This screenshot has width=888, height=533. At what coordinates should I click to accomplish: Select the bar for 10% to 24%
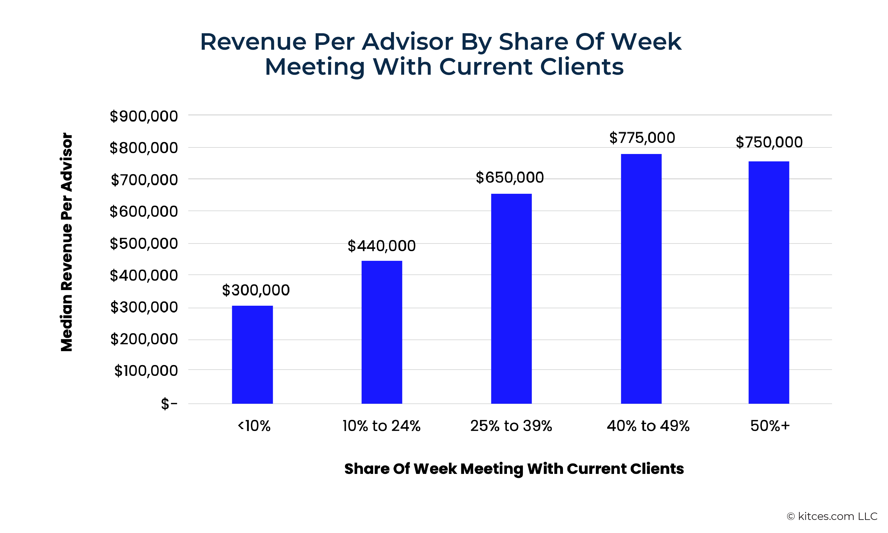click(x=382, y=332)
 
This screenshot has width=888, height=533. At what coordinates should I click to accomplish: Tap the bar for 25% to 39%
click(x=511, y=299)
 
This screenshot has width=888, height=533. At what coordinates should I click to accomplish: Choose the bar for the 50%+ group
click(x=768, y=282)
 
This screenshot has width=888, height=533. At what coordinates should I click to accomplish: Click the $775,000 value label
click(x=642, y=138)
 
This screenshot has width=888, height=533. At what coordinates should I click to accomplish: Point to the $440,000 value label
click(x=382, y=246)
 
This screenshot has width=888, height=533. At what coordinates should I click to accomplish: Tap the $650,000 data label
click(x=510, y=177)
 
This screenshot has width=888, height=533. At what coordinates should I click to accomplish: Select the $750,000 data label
click(x=769, y=142)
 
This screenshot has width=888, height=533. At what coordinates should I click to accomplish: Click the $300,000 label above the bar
click(x=256, y=290)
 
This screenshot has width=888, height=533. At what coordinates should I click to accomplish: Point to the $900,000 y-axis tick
click(x=144, y=116)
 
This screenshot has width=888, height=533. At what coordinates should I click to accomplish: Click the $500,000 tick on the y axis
click(x=144, y=243)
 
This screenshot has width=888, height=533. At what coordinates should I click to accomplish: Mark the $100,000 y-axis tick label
click(x=146, y=371)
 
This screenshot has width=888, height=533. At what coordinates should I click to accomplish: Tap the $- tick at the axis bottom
click(x=169, y=404)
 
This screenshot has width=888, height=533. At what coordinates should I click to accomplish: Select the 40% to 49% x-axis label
click(x=648, y=426)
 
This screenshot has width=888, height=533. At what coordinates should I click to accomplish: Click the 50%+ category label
click(x=770, y=426)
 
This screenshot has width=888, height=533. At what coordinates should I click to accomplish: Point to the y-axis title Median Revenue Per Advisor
click(x=67, y=242)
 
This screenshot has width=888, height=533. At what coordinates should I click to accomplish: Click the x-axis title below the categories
click(x=514, y=469)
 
